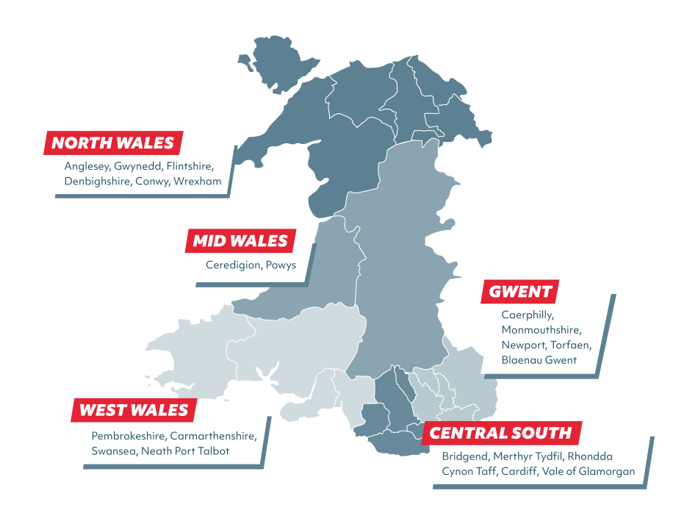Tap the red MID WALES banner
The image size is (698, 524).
click(x=240, y=240)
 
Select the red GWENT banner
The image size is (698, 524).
click(x=520, y=292)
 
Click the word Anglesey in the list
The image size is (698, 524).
click(x=87, y=166)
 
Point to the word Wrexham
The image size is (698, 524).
click(x=198, y=181)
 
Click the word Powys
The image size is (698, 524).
click(x=281, y=265)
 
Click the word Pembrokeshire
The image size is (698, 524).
click(x=128, y=436)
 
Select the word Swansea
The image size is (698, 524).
click(x=114, y=451)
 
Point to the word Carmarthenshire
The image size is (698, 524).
click(x=212, y=436)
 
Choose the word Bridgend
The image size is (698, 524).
click(x=464, y=456)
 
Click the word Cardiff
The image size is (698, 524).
click(x=519, y=472)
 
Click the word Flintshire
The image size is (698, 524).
click(x=190, y=166)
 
